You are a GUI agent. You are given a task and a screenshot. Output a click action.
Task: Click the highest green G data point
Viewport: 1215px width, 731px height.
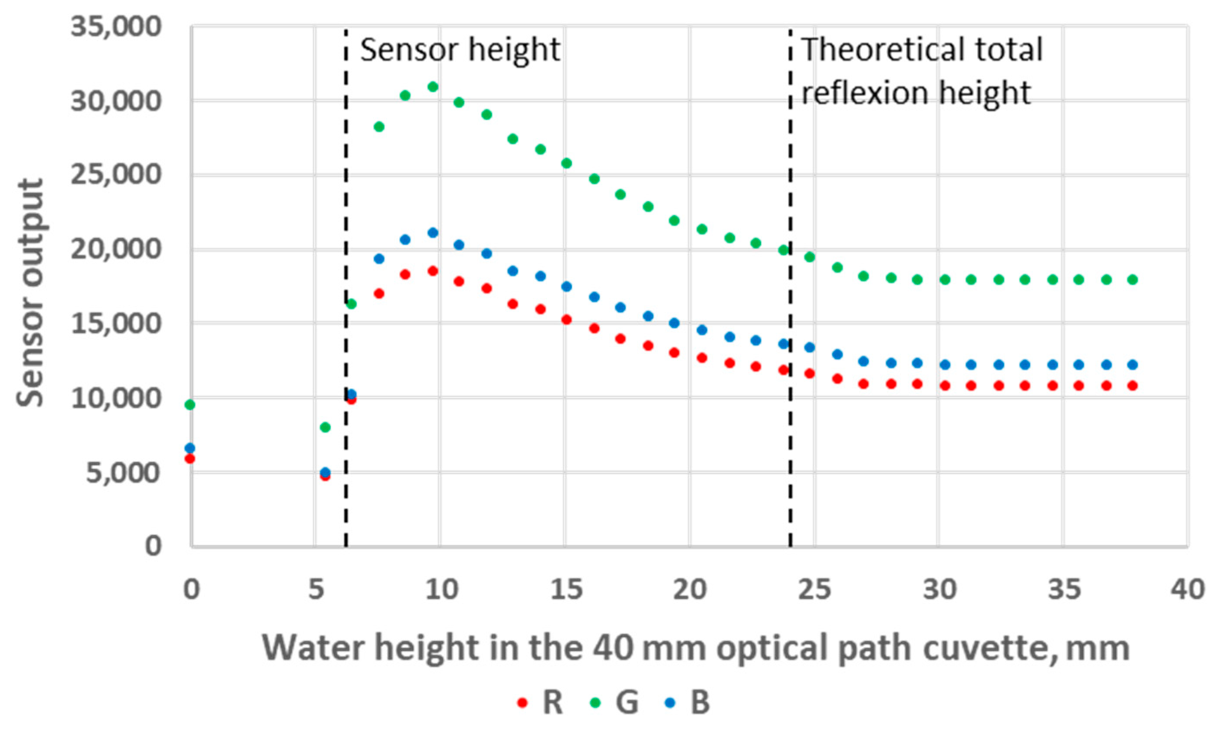click(x=433, y=87)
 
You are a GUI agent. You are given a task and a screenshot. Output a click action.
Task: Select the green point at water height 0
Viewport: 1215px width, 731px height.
click(x=190, y=405)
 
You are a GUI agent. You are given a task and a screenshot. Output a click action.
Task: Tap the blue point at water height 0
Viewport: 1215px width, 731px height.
click(x=190, y=448)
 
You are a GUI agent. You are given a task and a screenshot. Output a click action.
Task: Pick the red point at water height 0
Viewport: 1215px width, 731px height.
click(x=190, y=458)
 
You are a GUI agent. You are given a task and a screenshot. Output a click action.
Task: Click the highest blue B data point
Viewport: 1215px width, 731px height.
click(x=433, y=233)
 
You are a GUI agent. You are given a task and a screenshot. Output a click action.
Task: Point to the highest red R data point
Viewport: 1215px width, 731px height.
click(x=433, y=271)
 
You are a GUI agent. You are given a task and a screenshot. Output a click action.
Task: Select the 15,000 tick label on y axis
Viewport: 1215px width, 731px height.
click(x=116, y=324)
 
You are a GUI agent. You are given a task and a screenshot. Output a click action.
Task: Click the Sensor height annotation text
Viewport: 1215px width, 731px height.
click(x=460, y=50)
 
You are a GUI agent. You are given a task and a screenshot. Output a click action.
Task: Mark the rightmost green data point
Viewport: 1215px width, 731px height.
click(x=1132, y=279)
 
